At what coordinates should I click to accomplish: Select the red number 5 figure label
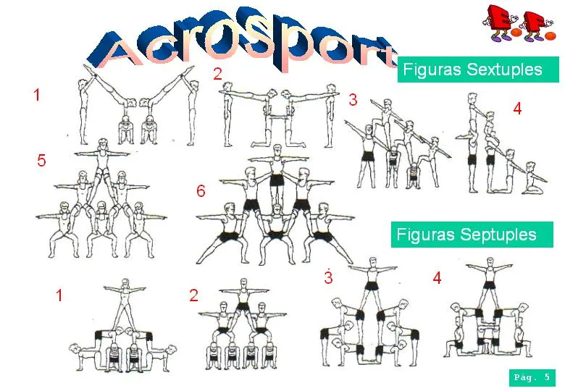click(41, 161)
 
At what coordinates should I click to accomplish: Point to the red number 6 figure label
click(201, 192)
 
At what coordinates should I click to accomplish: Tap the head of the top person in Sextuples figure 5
click(101, 145)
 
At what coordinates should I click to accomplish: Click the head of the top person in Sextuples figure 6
click(275, 148)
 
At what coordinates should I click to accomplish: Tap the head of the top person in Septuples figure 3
click(372, 261)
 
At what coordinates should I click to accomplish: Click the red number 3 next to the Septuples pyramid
click(328, 277)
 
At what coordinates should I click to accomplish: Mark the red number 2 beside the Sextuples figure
click(217, 72)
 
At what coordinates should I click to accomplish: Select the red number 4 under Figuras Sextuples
click(516, 109)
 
